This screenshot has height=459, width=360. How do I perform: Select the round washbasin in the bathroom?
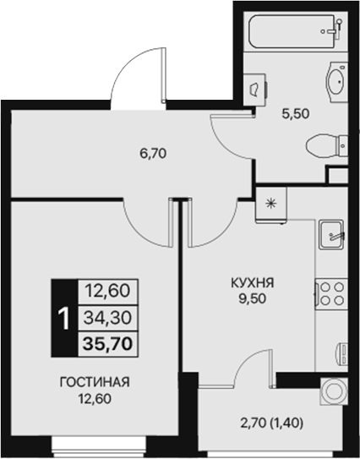(335, 81)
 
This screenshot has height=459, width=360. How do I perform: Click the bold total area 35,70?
(106, 342)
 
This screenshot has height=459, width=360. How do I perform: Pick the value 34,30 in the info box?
(106, 317)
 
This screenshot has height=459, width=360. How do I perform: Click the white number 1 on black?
(63, 317)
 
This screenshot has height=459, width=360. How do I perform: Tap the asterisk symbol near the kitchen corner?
(271, 203)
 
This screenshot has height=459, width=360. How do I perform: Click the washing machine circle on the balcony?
(334, 393)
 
